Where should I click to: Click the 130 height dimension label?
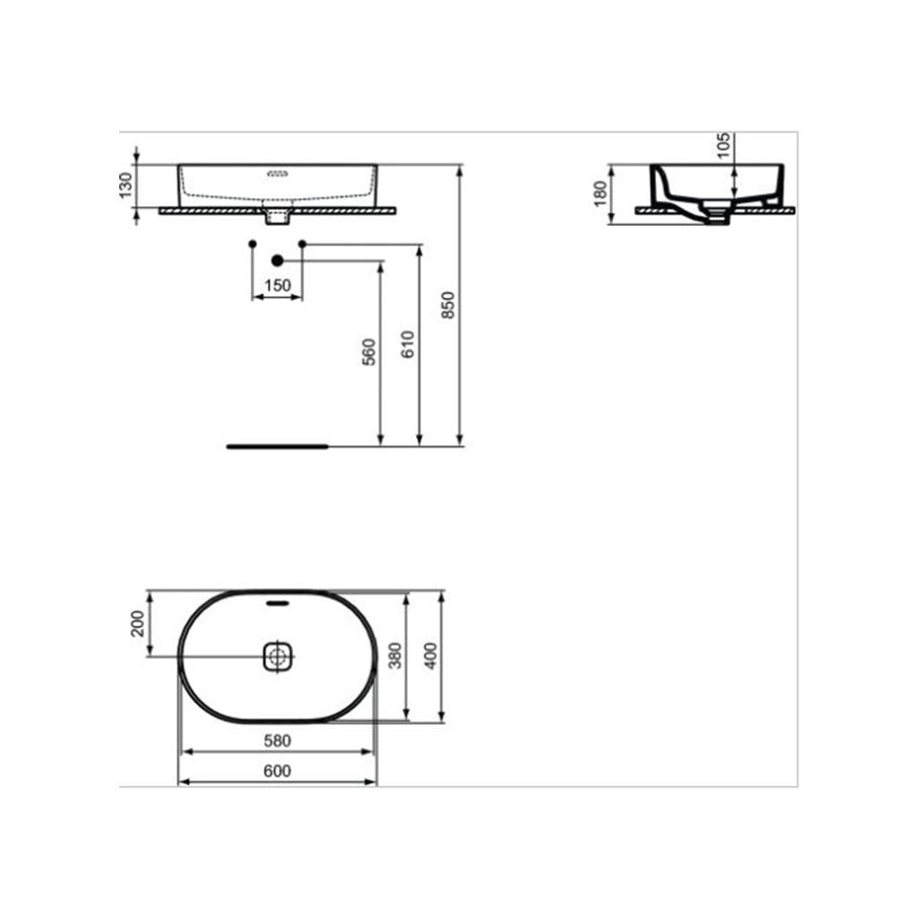click(x=126, y=186)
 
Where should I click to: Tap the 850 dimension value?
click(x=448, y=305)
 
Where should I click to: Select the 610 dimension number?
click(x=408, y=344)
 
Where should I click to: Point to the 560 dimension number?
click(x=368, y=351)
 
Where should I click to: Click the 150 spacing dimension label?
click(x=278, y=286)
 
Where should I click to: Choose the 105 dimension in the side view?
click(x=724, y=145)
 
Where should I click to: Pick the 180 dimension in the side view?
click(x=600, y=194)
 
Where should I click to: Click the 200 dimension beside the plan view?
click(x=137, y=624)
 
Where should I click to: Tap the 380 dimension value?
click(x=395, y=656)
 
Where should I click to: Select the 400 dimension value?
click(x=431, y=656)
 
